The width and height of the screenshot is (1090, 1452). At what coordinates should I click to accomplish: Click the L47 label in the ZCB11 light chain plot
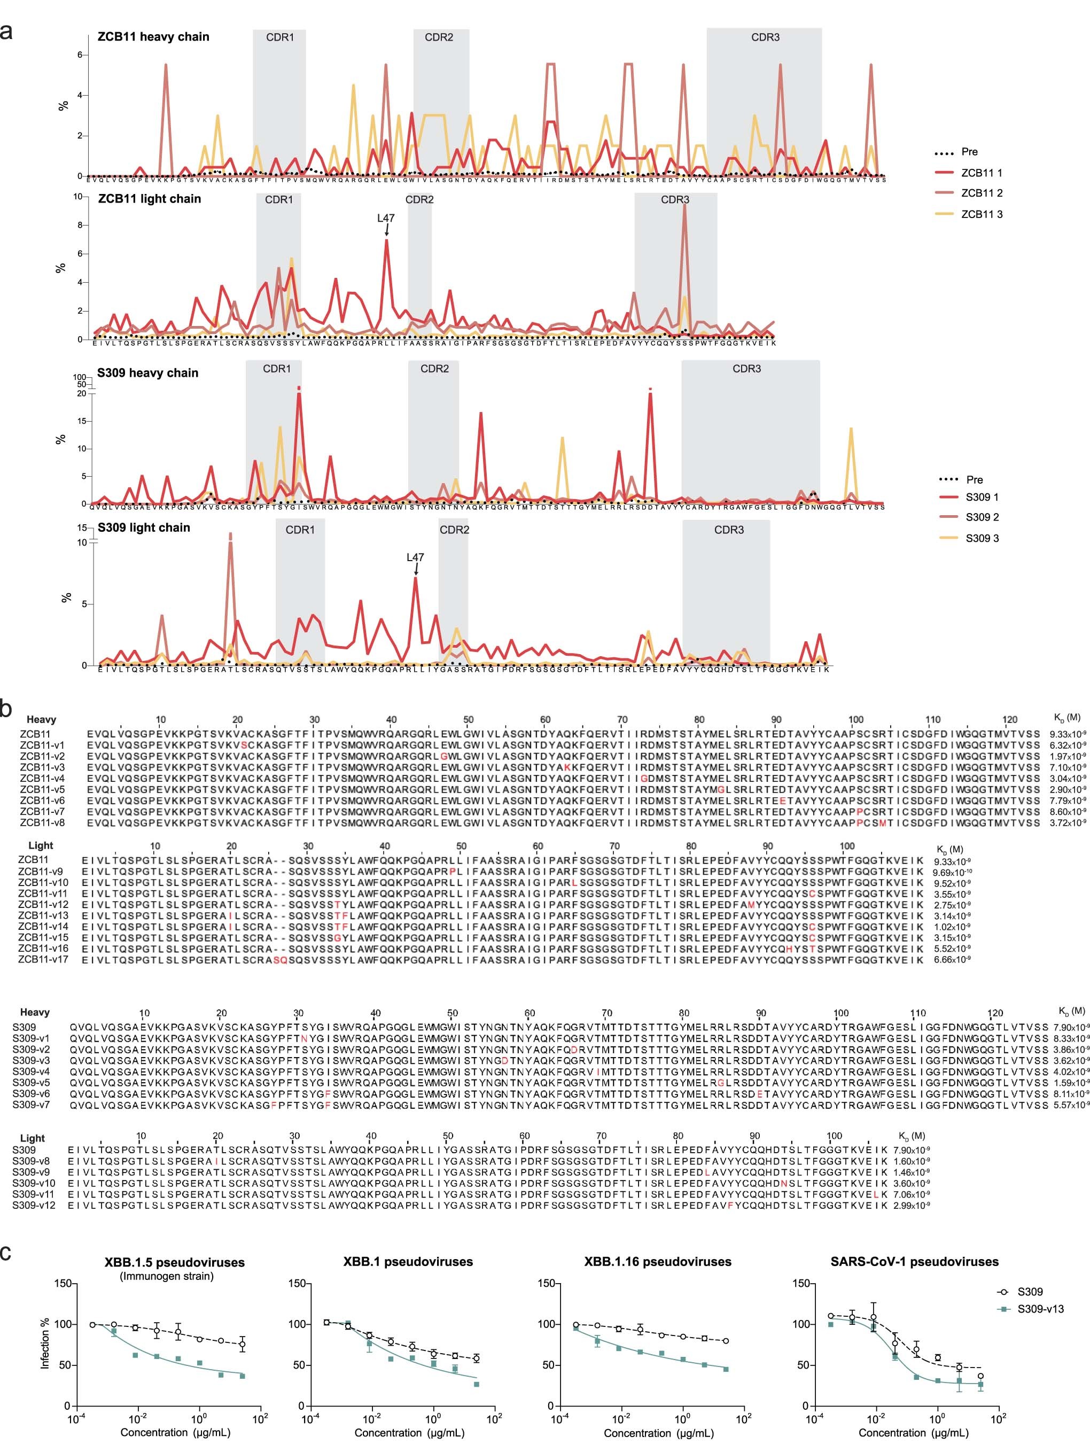pyautogui.click(x=386, y=218)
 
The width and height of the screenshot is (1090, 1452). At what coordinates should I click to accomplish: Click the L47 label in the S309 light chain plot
pyautogui.click(x=415, y=557)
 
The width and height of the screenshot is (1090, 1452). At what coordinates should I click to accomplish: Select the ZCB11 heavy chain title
pyautogui.click(x=153, y=37)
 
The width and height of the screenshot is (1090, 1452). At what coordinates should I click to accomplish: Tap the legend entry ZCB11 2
pyautogui.click(x=981, y=193)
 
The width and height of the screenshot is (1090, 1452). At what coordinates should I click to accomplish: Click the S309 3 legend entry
pyautogui.click(x=982, y=538)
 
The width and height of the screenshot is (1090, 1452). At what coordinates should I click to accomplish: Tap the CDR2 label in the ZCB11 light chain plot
pyautogui.click(x=419, y=199)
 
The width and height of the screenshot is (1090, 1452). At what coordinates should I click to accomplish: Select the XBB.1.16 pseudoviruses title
pyautogui.click(x=658, y=1262)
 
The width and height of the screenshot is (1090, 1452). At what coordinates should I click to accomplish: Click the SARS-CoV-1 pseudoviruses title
pyautogui.click(x=914, y=1262)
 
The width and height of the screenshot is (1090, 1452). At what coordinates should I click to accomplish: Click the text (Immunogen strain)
pyautogui.click(x=167, y=1276)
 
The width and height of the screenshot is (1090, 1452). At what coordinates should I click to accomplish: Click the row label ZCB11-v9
pyautogui.click(x=41, y=872)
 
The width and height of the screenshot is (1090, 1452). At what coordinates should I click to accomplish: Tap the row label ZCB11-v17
pyautogui.click(x=43, y=960)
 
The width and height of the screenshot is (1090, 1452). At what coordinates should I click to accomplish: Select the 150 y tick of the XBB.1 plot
pyautogui.click(x=296, y=1283)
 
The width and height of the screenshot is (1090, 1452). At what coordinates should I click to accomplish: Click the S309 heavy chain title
pyautogui.click(x=147, y=373)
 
